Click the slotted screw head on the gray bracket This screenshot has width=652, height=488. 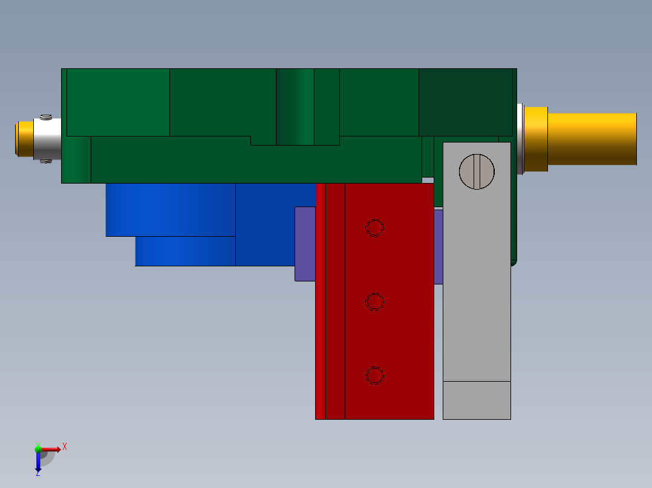coord(477,172)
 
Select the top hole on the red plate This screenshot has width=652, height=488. coord(375,228)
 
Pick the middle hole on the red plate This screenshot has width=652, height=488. coord(375,301)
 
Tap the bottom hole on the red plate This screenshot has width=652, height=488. coord(375,375)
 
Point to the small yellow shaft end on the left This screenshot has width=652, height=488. coord(25,139)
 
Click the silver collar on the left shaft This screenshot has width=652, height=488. coord(48,139)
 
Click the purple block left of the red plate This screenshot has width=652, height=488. coord(305,243)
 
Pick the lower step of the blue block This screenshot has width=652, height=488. coord(184,251)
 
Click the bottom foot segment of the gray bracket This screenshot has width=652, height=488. coord(477,400)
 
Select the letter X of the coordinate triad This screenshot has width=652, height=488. coord(65,446)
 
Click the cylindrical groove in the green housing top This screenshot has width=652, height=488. coord(295,106)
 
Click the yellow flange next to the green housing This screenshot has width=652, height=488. coord(535,139)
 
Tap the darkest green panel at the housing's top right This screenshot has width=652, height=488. coord(466,101)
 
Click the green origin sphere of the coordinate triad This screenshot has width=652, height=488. coord(38,449)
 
